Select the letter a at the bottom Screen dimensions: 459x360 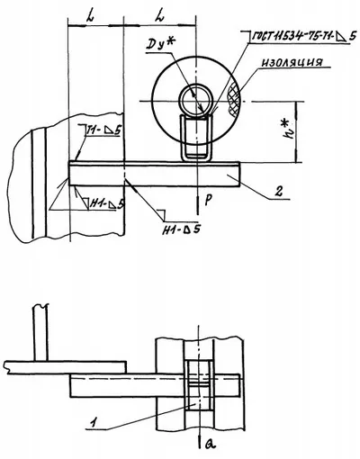coord(208,444)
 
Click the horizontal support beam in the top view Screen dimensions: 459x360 coord(153,171)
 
